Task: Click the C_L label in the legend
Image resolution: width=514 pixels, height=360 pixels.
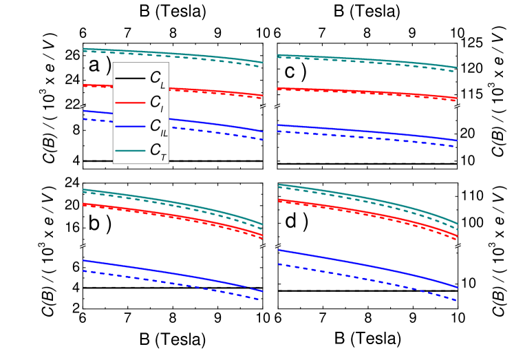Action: tap(157, 78)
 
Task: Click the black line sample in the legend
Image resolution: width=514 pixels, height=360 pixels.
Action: tap(129, 78)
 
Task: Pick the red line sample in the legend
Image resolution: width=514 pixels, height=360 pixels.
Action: tap(129, 102)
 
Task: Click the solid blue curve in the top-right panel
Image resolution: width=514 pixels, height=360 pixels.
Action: tap(365, 131)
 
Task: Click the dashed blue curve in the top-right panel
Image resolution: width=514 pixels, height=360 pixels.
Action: tap(365, 137)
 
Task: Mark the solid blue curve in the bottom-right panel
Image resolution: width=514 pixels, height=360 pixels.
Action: tap(365, 264)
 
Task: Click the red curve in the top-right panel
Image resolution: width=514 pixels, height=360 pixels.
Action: tap(365, 92)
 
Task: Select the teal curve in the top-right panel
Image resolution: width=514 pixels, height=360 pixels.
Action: tap(365, 60)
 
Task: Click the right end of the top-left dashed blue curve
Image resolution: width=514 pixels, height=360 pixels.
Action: tap(262, 140)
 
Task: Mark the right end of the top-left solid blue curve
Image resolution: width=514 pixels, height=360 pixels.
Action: tap(262, 131)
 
